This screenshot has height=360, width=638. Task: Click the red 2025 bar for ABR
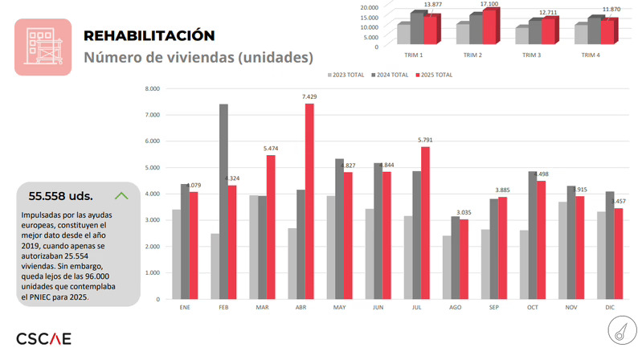(309, 201)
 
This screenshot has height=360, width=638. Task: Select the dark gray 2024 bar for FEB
(223, 201)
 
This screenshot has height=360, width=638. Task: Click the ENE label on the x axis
(184, 308)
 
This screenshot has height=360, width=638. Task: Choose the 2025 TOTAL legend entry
(435, 75)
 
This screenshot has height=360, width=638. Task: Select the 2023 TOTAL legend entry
(346, 75)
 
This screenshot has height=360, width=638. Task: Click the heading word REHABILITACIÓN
(149, 36)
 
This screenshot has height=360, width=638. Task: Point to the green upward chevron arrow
(121, 194)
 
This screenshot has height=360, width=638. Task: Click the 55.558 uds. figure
(60, 195)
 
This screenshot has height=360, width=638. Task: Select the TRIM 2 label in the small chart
(472, 55)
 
